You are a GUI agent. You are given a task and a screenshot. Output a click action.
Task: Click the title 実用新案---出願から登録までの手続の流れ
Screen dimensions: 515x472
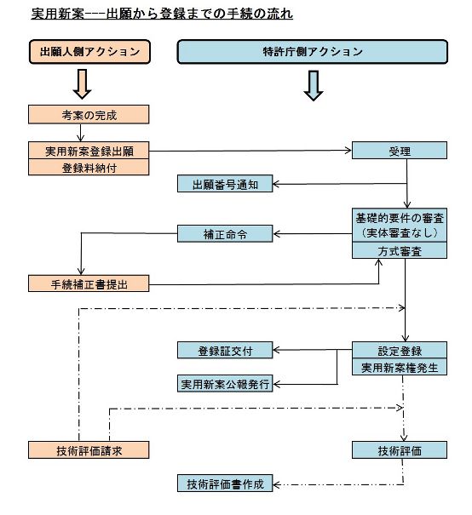[162, 14]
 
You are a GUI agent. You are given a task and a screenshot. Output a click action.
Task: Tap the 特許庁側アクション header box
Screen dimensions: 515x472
[313, 52]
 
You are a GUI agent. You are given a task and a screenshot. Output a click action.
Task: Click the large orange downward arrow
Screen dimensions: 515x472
[83, 83]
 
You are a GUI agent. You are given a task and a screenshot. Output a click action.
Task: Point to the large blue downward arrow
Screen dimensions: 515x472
[313, 84]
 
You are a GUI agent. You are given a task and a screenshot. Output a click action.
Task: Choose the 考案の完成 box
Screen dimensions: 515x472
[89, 114]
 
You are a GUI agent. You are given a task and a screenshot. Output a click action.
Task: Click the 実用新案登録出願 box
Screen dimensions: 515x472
[89, 150]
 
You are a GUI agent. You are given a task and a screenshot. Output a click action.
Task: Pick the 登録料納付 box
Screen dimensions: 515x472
[89, 167]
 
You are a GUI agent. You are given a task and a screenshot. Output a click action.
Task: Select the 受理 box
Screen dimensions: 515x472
[400, 151]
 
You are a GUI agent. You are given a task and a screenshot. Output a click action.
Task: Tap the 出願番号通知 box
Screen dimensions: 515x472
[226, 183]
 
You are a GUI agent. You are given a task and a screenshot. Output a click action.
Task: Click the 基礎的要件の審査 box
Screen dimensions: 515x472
[400, 225]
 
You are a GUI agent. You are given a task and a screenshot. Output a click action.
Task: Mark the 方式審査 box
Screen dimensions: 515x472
[400, 250]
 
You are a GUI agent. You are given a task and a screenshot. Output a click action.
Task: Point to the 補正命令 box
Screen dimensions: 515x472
[226, 232]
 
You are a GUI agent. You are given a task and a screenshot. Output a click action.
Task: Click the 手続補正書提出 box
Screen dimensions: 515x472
[89, 283]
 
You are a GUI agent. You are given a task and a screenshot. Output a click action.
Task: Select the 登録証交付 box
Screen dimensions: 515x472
[226, 350]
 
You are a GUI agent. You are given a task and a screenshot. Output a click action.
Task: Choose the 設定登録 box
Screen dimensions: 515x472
[400, 350]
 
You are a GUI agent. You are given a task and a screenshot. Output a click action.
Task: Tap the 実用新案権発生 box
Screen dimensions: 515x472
[400, 367]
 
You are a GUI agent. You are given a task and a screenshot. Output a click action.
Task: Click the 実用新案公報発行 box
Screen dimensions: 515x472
[226, 383]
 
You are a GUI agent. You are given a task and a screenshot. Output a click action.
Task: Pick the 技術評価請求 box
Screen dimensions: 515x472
[89, 449]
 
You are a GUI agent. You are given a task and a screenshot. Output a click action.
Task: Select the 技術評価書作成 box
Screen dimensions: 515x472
[226, 484]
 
